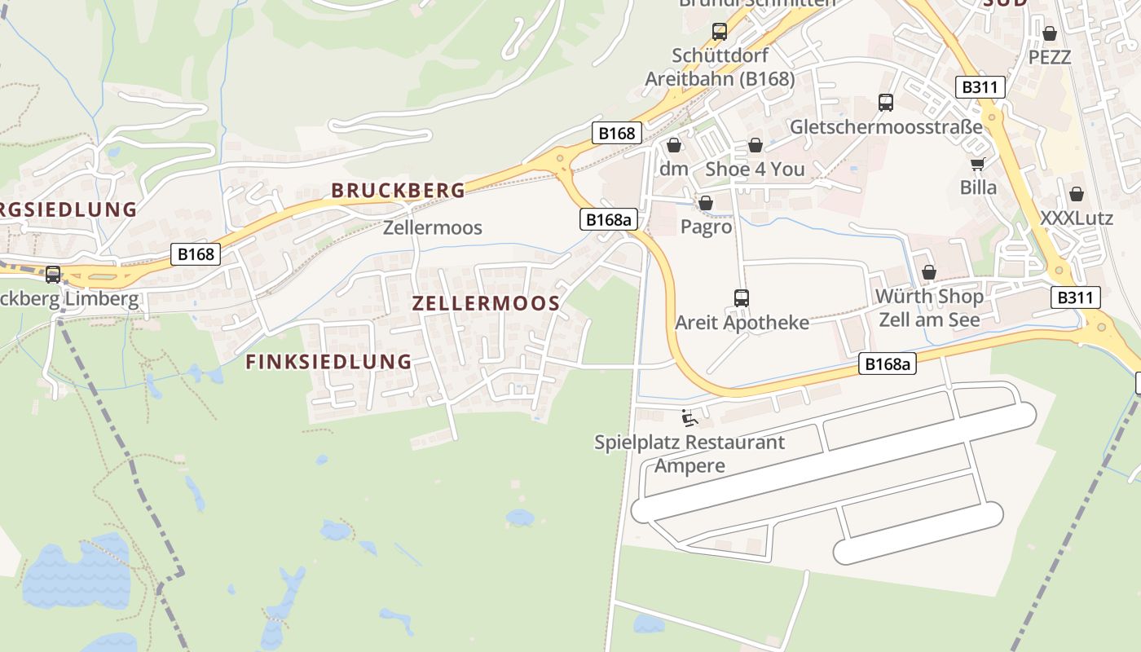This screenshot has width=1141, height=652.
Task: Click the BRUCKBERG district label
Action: [398, 191]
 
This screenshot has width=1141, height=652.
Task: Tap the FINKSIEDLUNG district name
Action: [328, 362]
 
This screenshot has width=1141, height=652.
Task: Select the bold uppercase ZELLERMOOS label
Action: [486, 304]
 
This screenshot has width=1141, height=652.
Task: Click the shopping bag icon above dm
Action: [674, 146]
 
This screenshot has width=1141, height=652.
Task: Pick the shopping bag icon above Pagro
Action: [706, 203]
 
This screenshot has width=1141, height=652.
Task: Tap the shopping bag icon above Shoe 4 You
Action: [756, 146]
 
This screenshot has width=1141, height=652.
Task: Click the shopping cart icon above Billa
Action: [978, 164]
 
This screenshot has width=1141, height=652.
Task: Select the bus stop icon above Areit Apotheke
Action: [742, 298]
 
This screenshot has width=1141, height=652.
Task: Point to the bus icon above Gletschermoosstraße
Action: [886, 103]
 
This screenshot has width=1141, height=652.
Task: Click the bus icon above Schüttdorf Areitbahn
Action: [720, 32]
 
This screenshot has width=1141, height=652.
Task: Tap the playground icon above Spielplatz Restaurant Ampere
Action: [689, 419]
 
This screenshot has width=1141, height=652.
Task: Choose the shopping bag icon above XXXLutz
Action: [1077, 195]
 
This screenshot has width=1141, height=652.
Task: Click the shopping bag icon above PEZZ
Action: [1050, 34]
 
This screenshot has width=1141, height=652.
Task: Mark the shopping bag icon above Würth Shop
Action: [929, 272]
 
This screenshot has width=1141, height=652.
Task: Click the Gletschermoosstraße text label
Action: [886, 127]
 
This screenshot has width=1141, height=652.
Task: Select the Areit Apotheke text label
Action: [742, 323]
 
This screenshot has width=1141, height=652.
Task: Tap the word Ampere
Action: [689, 466]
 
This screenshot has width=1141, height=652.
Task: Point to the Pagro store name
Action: [706, 227]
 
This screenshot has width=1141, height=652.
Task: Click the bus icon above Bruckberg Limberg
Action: [53, 275]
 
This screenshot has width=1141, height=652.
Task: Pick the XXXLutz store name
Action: [1077, 218]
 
